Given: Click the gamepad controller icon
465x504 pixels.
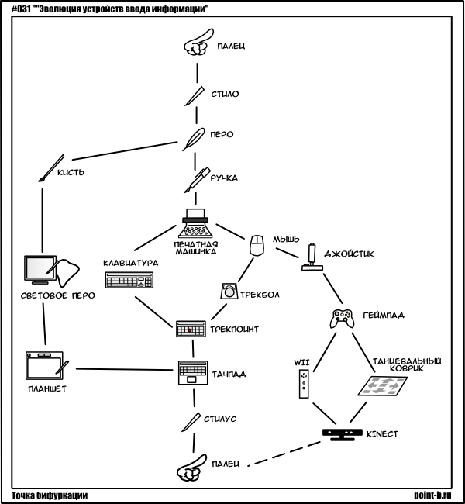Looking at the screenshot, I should (x=342, y=318).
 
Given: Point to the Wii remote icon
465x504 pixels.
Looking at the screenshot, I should (x=304, y=384).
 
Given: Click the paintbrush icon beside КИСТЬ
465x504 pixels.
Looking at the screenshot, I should (x=48, y=170).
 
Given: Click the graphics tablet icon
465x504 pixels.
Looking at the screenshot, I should (x=46, y=365).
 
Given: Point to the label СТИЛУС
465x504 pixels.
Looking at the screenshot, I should (x=221, y=418).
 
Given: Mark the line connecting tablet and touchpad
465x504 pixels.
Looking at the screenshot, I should (x=124, y=368).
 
